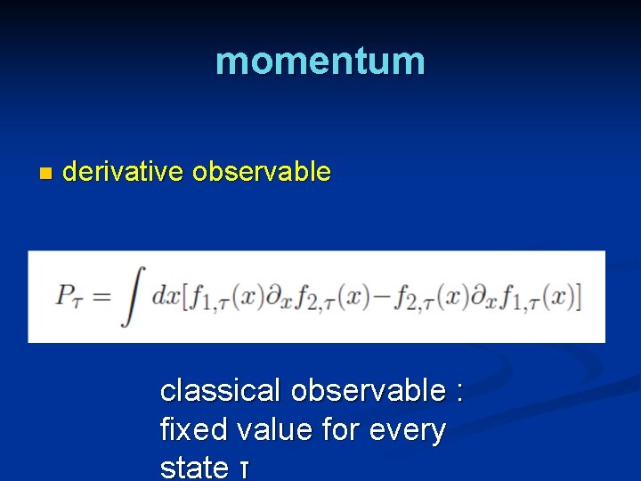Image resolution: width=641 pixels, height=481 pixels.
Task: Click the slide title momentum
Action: [320, 61]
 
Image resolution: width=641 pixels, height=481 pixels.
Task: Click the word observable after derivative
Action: [261, 171]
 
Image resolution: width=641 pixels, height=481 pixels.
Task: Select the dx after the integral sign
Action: [165, 296]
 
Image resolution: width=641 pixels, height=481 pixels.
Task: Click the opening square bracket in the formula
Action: [186, 296]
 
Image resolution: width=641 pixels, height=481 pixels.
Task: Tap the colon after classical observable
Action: [458, 392]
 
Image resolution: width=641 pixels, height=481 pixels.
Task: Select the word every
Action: [406, 431]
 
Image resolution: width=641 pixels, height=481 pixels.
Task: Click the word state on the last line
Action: [193, 467]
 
